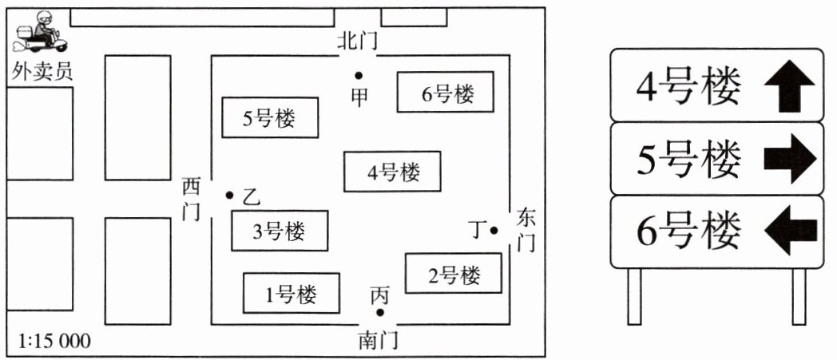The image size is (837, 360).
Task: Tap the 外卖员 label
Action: click(x=42, y=71)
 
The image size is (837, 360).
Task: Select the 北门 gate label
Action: click(x=356, y=42)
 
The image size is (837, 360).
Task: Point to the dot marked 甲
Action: click(x=360, y=75)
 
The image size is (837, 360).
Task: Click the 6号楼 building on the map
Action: click(x=446, y=93)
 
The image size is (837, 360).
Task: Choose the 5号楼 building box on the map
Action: click(x=269, y=119)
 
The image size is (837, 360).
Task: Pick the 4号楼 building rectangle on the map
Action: click(x=392, y=171)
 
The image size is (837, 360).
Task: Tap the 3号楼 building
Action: click(x=279, y=231)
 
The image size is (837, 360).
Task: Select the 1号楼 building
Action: click(x=291, y=295)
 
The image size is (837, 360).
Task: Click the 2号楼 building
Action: click(x=454, y=275)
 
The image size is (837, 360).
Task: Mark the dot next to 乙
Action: click(x=229, y=195)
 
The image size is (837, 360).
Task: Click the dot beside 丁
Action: click(x=494, y=231)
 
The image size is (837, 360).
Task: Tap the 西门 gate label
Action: click(x=191, y=200)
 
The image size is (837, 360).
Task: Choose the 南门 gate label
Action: click(x=378, y=341)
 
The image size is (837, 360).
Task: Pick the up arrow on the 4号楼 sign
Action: click(x=788, y=85)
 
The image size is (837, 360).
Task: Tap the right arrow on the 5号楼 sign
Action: click(x=790, y=159)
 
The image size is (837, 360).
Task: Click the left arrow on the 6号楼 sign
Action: click(x=790, y=231)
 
